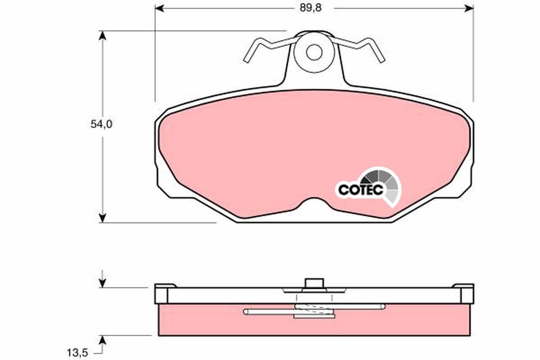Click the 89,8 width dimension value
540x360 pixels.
click(x=312, y=8)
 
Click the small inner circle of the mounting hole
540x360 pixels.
click(x=314, y=52)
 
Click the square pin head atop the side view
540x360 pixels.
click(x=314, y=283)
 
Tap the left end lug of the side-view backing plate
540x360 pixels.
click(x=162, y=292)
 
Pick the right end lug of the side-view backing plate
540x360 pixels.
click(x=465, y=292)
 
